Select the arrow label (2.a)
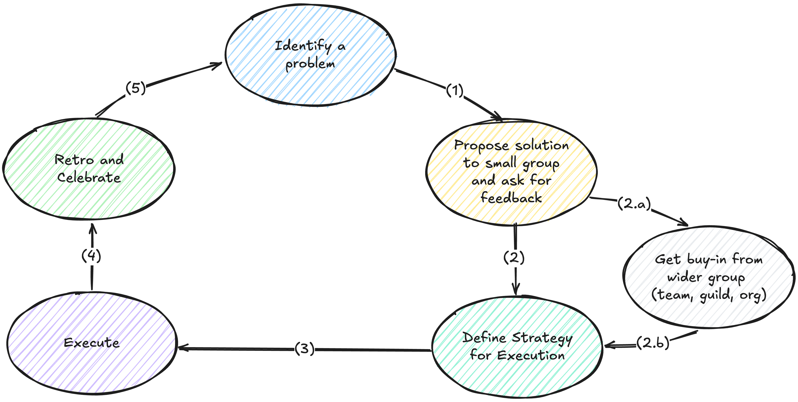[x=634, y=203]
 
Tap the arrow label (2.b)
[x=653, y=343]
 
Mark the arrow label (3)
[x=304, y=349]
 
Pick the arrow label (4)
[x=91, y=256]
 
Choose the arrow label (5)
[x=135, y=88]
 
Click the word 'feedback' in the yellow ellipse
[x=511, y=198]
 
